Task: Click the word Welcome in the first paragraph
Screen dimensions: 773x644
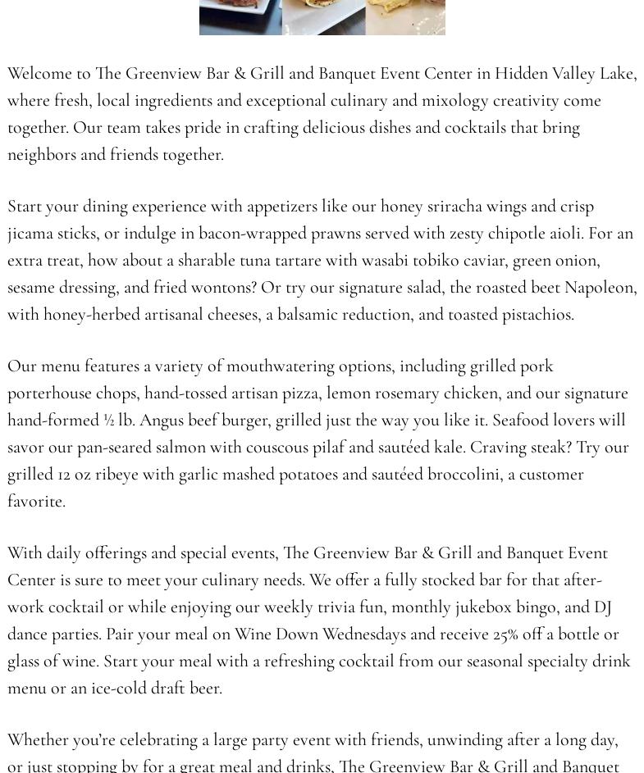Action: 39,74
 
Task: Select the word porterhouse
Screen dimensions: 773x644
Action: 49,393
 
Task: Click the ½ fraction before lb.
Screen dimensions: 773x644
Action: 108,421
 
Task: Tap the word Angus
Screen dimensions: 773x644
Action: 162,421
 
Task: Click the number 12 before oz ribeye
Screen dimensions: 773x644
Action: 64,475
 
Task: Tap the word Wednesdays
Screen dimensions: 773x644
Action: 364,634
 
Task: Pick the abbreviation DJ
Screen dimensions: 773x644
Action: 603,607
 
